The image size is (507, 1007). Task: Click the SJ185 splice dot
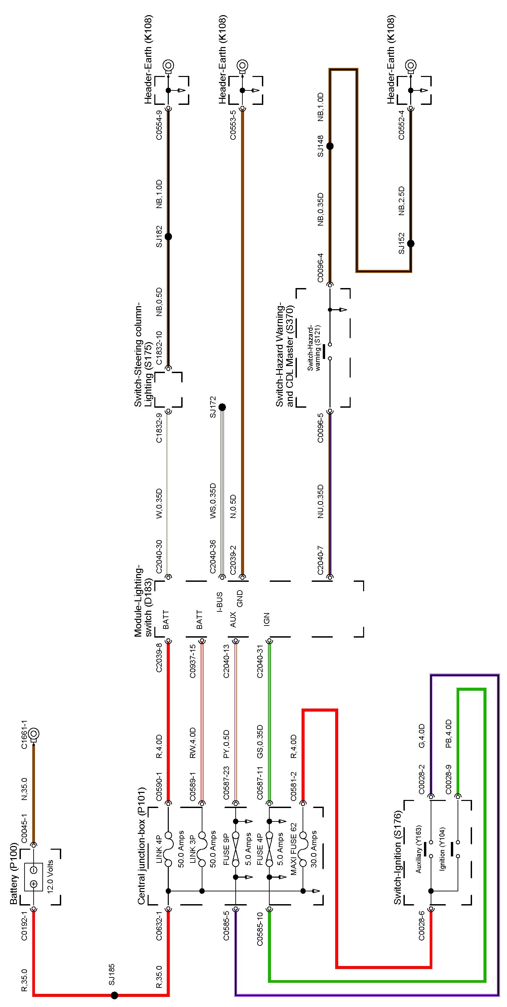[x=114, y=995]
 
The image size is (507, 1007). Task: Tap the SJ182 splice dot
[x=168, y=237]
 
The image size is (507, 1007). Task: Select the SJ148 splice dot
[x=329, y=146]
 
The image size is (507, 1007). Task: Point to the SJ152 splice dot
[x=411, y=244]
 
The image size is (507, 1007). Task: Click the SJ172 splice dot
[x=222, y=407]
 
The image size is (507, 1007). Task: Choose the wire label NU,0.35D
[x=320, y=501]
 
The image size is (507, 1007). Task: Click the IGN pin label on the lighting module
[x=267, y=619]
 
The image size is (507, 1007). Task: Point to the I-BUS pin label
[x=220, y=602]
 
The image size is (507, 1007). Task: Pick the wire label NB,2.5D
[x=401, y=201]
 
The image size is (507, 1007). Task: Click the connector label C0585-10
[x=260, y=929]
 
